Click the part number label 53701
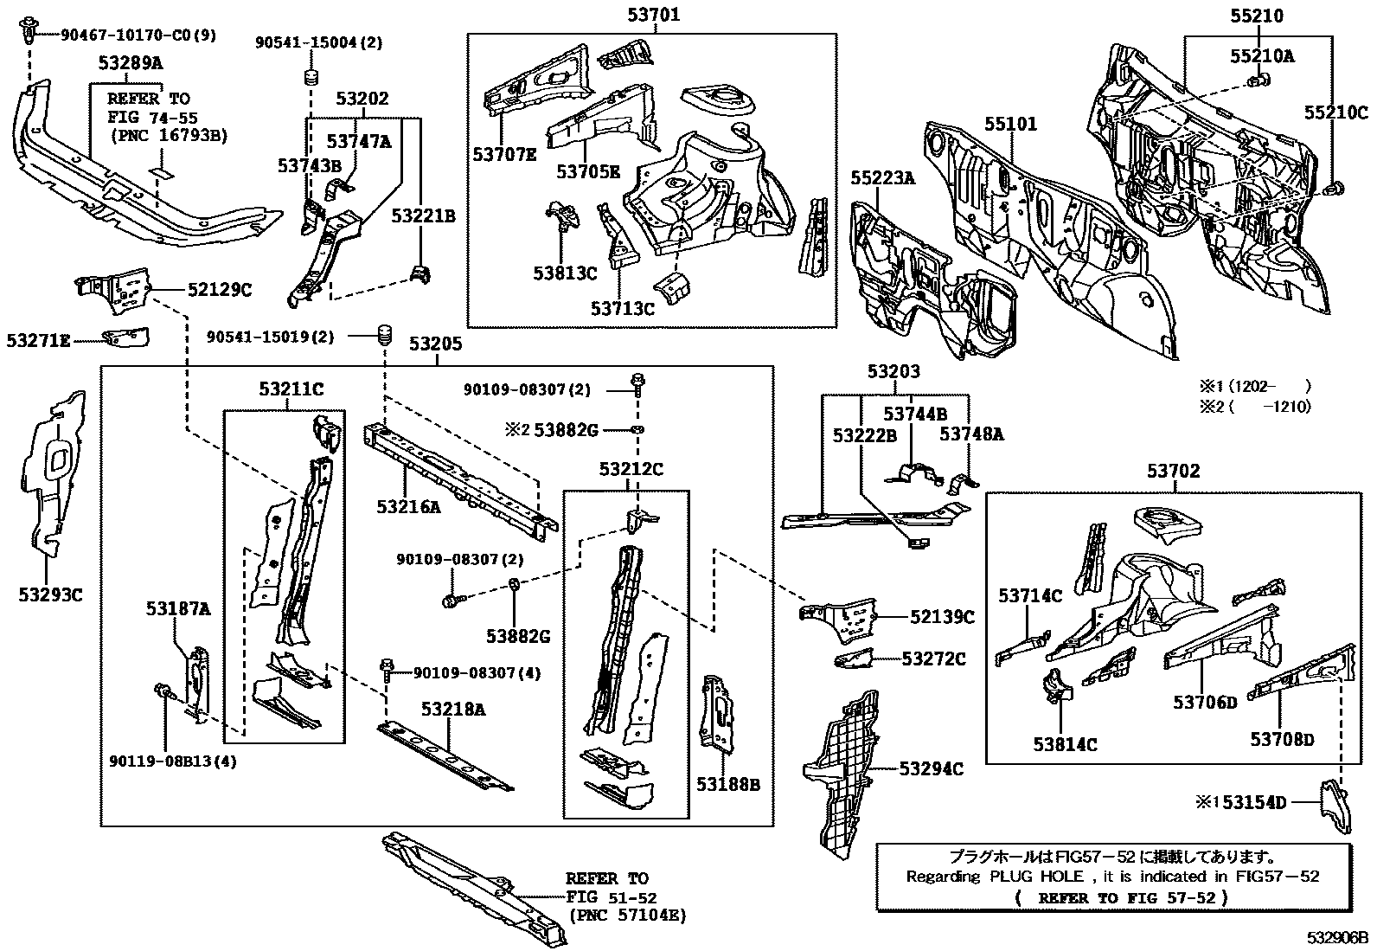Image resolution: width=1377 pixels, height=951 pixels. [653, 14]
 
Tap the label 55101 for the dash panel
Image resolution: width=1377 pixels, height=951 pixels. [1010, 125]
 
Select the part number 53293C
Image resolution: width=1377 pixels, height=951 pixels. [50, 594]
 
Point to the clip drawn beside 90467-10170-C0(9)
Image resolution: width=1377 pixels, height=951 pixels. [28, 31]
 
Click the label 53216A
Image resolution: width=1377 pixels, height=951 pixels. [409, 506]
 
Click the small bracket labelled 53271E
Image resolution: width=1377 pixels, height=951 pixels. [126, 337]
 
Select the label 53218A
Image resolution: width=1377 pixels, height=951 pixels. [453, 710]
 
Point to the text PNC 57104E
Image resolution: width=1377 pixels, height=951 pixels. [628, 916]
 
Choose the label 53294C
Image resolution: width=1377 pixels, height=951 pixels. [932, 769]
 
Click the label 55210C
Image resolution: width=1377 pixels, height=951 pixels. [1336, 112]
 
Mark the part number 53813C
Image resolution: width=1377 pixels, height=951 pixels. [565, 273]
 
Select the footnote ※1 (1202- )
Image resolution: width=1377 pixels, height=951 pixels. [1255, 386]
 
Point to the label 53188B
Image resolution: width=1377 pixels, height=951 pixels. [727, 784]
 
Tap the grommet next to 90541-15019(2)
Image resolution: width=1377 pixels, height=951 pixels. [384, 336]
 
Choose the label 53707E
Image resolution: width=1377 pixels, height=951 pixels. [504, 154]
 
